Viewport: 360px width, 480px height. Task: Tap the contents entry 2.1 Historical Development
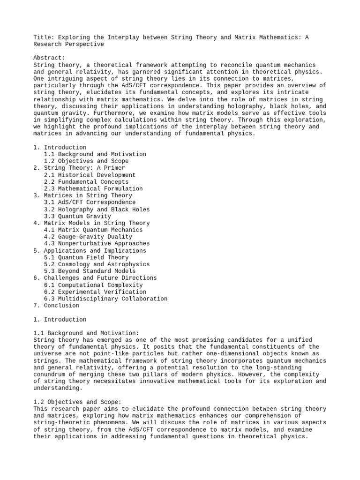click(x=90, y=175)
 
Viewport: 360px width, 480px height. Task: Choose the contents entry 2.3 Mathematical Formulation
click(x=93, y=188)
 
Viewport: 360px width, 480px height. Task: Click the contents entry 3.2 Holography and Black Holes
click(x=97, y=209)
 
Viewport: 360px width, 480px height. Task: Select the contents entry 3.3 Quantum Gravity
click(x=77, y=216)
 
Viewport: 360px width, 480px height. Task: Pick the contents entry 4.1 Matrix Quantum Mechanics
click(x=93, y=230)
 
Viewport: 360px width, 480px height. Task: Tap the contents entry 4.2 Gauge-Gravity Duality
click(x=88, y=237)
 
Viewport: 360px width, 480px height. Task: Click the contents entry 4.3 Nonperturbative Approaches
click(x=97, y=243)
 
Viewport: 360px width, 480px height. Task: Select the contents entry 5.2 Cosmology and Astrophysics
click(x=97, y=264)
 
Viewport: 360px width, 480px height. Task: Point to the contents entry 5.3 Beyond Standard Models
click(x=90, y=271)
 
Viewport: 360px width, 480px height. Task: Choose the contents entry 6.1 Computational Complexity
click(x=93, y=285)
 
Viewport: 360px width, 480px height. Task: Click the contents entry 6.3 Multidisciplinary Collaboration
click(x=105, y=299)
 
